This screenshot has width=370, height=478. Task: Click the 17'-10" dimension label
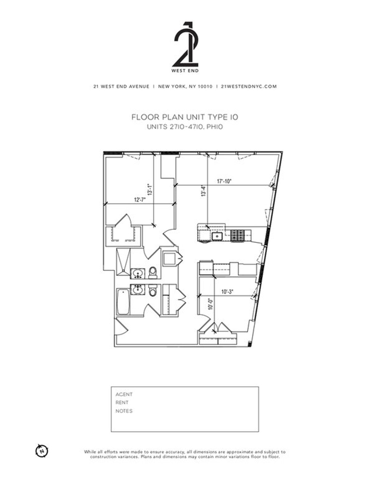coord(224,182)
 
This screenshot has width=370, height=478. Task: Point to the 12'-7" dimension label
coord(140,200)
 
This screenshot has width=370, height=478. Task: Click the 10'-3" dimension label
coord(227,292)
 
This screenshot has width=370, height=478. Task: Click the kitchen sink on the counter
coord(217,236)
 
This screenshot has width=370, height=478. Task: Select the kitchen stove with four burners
coord(237,236)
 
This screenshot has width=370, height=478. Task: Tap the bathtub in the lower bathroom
coord(123,302)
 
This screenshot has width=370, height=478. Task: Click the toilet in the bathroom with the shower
coord(153,272)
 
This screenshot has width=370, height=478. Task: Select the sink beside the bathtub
coord(138,290)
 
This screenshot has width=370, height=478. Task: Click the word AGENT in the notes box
coord(124,394)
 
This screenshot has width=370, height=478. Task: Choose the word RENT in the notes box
coord(122,402)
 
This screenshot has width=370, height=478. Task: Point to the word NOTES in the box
coord(124,411)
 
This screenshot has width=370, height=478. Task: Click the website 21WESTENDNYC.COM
coord(249,87)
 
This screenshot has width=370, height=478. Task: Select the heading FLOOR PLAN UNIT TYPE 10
coord(185,117)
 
